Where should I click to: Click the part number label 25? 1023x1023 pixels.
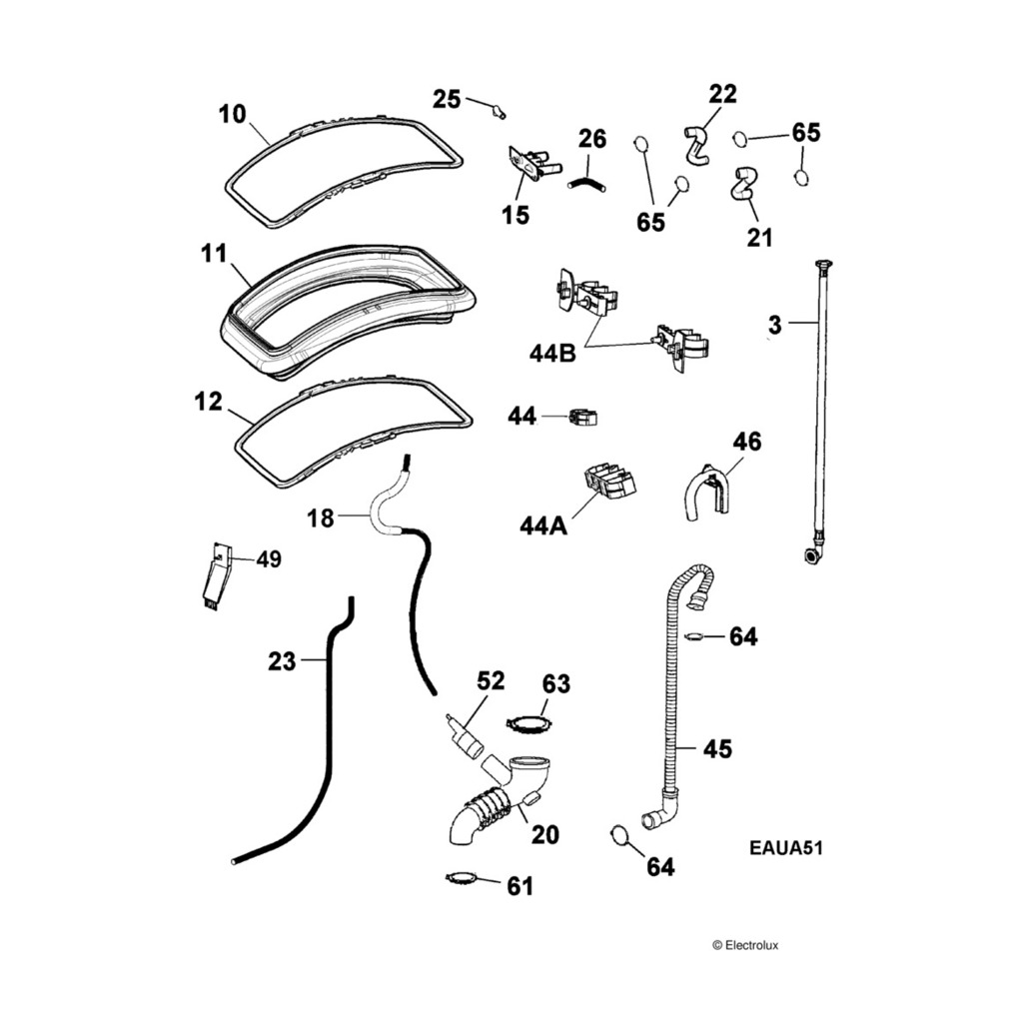pos(447,98)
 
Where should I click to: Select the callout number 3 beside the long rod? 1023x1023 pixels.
pos(774,324)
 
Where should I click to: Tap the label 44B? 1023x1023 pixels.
pos(552,354)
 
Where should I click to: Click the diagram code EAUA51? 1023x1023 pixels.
pos(785,848)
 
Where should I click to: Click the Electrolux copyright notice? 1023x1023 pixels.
pos(752,943)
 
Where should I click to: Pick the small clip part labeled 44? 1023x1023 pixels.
pos(583,416)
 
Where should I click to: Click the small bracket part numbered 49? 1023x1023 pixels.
pos(218,577)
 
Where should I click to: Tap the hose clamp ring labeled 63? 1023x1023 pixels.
pos(528,722)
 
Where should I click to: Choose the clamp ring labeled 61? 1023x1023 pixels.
pos(460,878)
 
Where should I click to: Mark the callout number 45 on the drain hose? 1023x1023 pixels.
pos(717,748)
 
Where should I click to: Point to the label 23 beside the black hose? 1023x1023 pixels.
pos(283,659)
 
